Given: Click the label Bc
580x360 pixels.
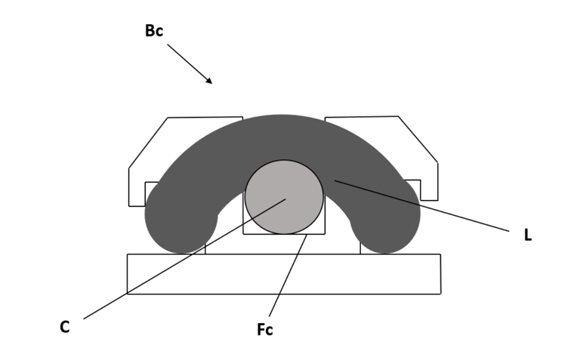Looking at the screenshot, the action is (154, 32).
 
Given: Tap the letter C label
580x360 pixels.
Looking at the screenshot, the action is (65, 328).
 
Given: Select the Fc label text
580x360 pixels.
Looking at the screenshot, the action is (264, 330).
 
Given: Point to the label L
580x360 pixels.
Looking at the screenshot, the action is (528, 235).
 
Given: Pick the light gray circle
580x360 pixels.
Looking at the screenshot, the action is (284, 197).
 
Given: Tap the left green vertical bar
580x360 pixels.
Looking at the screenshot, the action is (19, 180).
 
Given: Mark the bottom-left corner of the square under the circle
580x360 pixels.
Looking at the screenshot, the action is (243, 234).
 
